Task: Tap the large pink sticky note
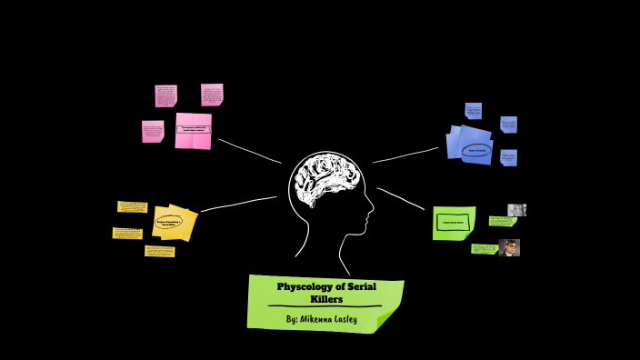point(193,131)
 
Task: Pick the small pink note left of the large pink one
point(153,132)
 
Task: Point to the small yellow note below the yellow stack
point(159,251)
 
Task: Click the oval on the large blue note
point(475,150)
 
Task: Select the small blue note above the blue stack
point(473,111)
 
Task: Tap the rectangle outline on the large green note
point(453,222)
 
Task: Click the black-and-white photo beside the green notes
point(516,210)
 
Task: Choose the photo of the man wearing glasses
point(509,247)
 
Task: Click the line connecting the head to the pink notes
point(249,151)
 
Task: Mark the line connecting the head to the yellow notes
point(238,204)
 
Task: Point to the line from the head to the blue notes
point(405,155)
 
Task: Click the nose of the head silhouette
point(371,215)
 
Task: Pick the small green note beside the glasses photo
point(484,248)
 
